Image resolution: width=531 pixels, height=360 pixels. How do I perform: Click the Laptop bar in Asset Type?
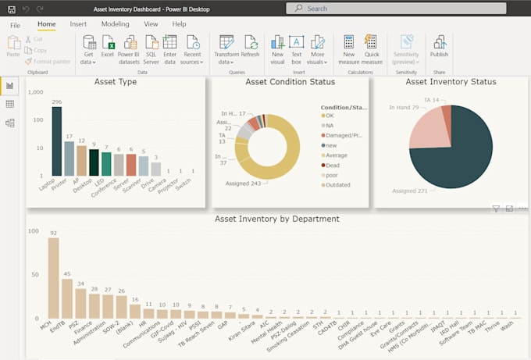[x=57, y=141]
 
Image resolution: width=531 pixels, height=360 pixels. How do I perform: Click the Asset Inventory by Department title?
[x=276, y=219]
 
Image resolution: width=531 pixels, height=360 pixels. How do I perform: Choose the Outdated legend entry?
[x=339, y=185]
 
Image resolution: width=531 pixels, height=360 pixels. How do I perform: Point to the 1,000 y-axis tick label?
[x=35, y=92]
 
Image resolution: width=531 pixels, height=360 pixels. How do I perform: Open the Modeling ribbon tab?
[x=116, y=24]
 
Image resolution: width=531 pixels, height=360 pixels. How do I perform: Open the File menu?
[x=15, y=25]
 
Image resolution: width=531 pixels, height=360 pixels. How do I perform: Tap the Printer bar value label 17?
[x=69, y=137]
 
